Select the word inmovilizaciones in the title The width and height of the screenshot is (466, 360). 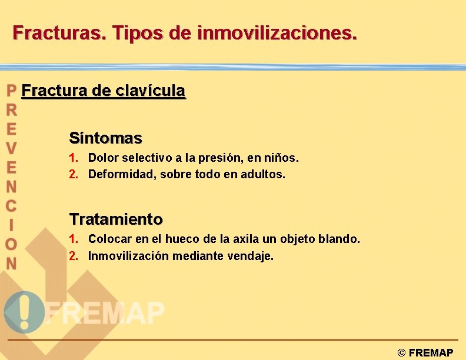[x=277, y=32]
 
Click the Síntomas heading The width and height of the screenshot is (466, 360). [x=105, y=138]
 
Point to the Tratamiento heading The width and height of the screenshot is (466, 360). [x=116, y=219]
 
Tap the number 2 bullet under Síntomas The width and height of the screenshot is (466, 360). [x=72, y=174]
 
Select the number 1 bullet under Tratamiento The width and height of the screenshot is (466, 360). [x=72, y=239]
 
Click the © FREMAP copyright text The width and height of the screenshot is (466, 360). [x=425, y=353]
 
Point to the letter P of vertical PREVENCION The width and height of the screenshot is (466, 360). [x=11, y=91]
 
